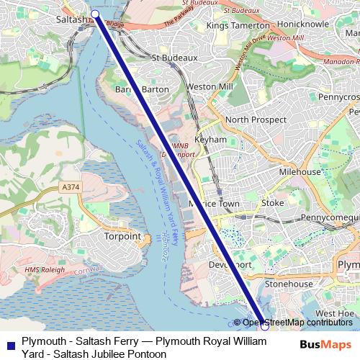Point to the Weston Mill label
tap(210, 86)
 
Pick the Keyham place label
tap(211, 140)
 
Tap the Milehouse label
tap(300, 173)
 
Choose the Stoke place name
tap(273, 203)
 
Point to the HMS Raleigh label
tap(45, 270)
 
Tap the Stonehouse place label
tap(289, 284)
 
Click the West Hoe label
tap(335, 314)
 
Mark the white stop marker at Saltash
tap(95, 14)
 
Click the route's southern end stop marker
tap(264, 326)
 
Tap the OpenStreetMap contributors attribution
tap(297, 323)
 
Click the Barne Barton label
tap(143, 89)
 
